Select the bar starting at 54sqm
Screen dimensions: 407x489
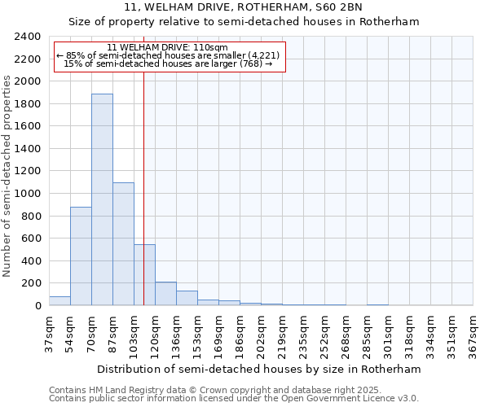81,256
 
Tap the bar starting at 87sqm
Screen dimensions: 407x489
123,244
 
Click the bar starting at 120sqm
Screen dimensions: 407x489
165,294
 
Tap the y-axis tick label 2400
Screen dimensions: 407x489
28,37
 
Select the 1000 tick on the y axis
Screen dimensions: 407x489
28,194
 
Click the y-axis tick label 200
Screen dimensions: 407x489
31,283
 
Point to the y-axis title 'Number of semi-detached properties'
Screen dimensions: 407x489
7,176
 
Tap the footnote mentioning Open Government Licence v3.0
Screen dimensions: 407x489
234,399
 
